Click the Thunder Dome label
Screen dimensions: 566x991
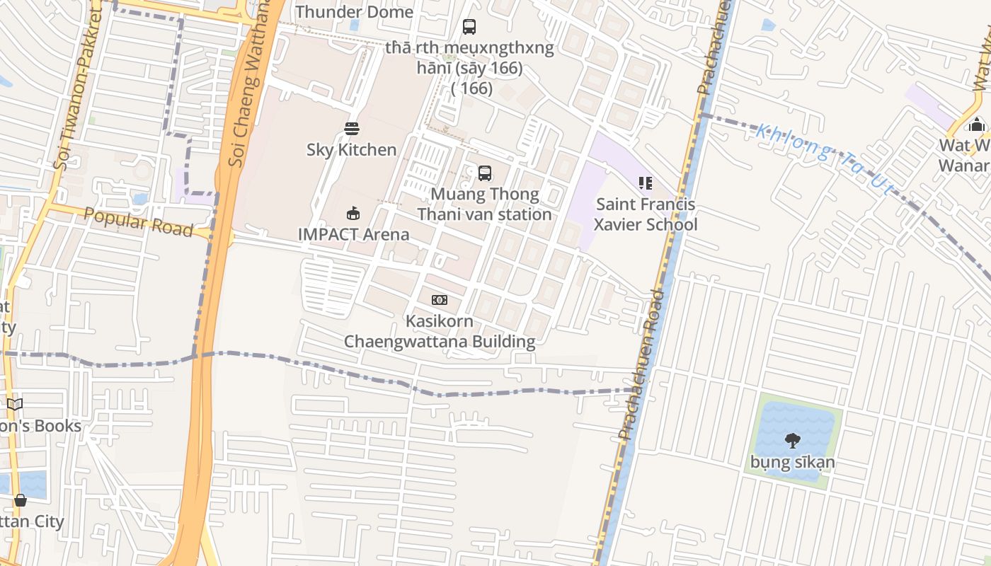[x=354, y=12]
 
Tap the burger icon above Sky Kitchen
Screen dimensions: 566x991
[x=352, y=129]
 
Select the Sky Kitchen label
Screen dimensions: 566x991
[x=351, y=149]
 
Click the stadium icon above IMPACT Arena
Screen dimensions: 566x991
[x=353, y=213]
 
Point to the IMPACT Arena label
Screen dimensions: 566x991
[x=353, y=233]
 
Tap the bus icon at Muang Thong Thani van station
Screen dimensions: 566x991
[x=485, y=173]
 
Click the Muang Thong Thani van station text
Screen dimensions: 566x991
[x=484, y=204]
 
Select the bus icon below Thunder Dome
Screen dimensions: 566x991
[x=469, y=27]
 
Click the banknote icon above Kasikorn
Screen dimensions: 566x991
[x=440, y=300]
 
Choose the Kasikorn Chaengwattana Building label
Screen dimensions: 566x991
[x=440, y=331]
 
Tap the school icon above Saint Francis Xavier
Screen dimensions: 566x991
[x=645, y=184]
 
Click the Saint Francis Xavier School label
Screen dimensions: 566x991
[x=645, y=214]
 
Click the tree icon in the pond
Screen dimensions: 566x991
[x=793, y=441]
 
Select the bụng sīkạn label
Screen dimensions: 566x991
[x=793, y=463]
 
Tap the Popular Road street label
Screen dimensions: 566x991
[x=138, y=222]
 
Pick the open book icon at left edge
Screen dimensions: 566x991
[x=15, y=405]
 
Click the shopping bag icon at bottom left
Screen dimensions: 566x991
[x=21, y=500]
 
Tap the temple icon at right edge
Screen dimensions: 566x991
[x=977, y=125]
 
